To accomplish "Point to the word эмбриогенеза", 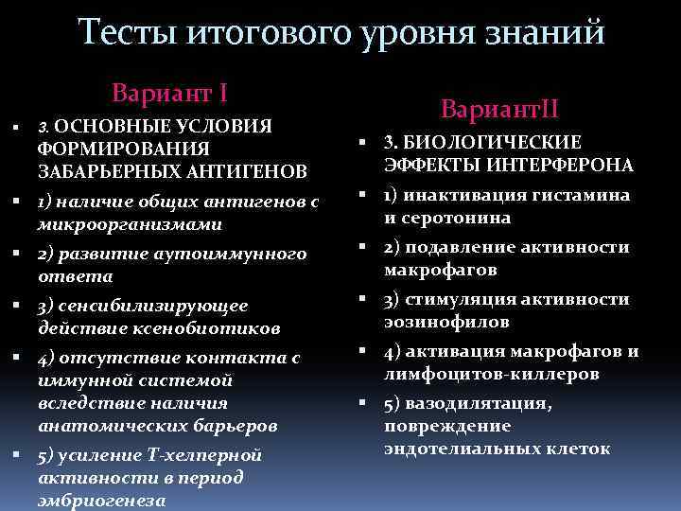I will point(102,501).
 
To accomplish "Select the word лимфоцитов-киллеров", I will point(491,374).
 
